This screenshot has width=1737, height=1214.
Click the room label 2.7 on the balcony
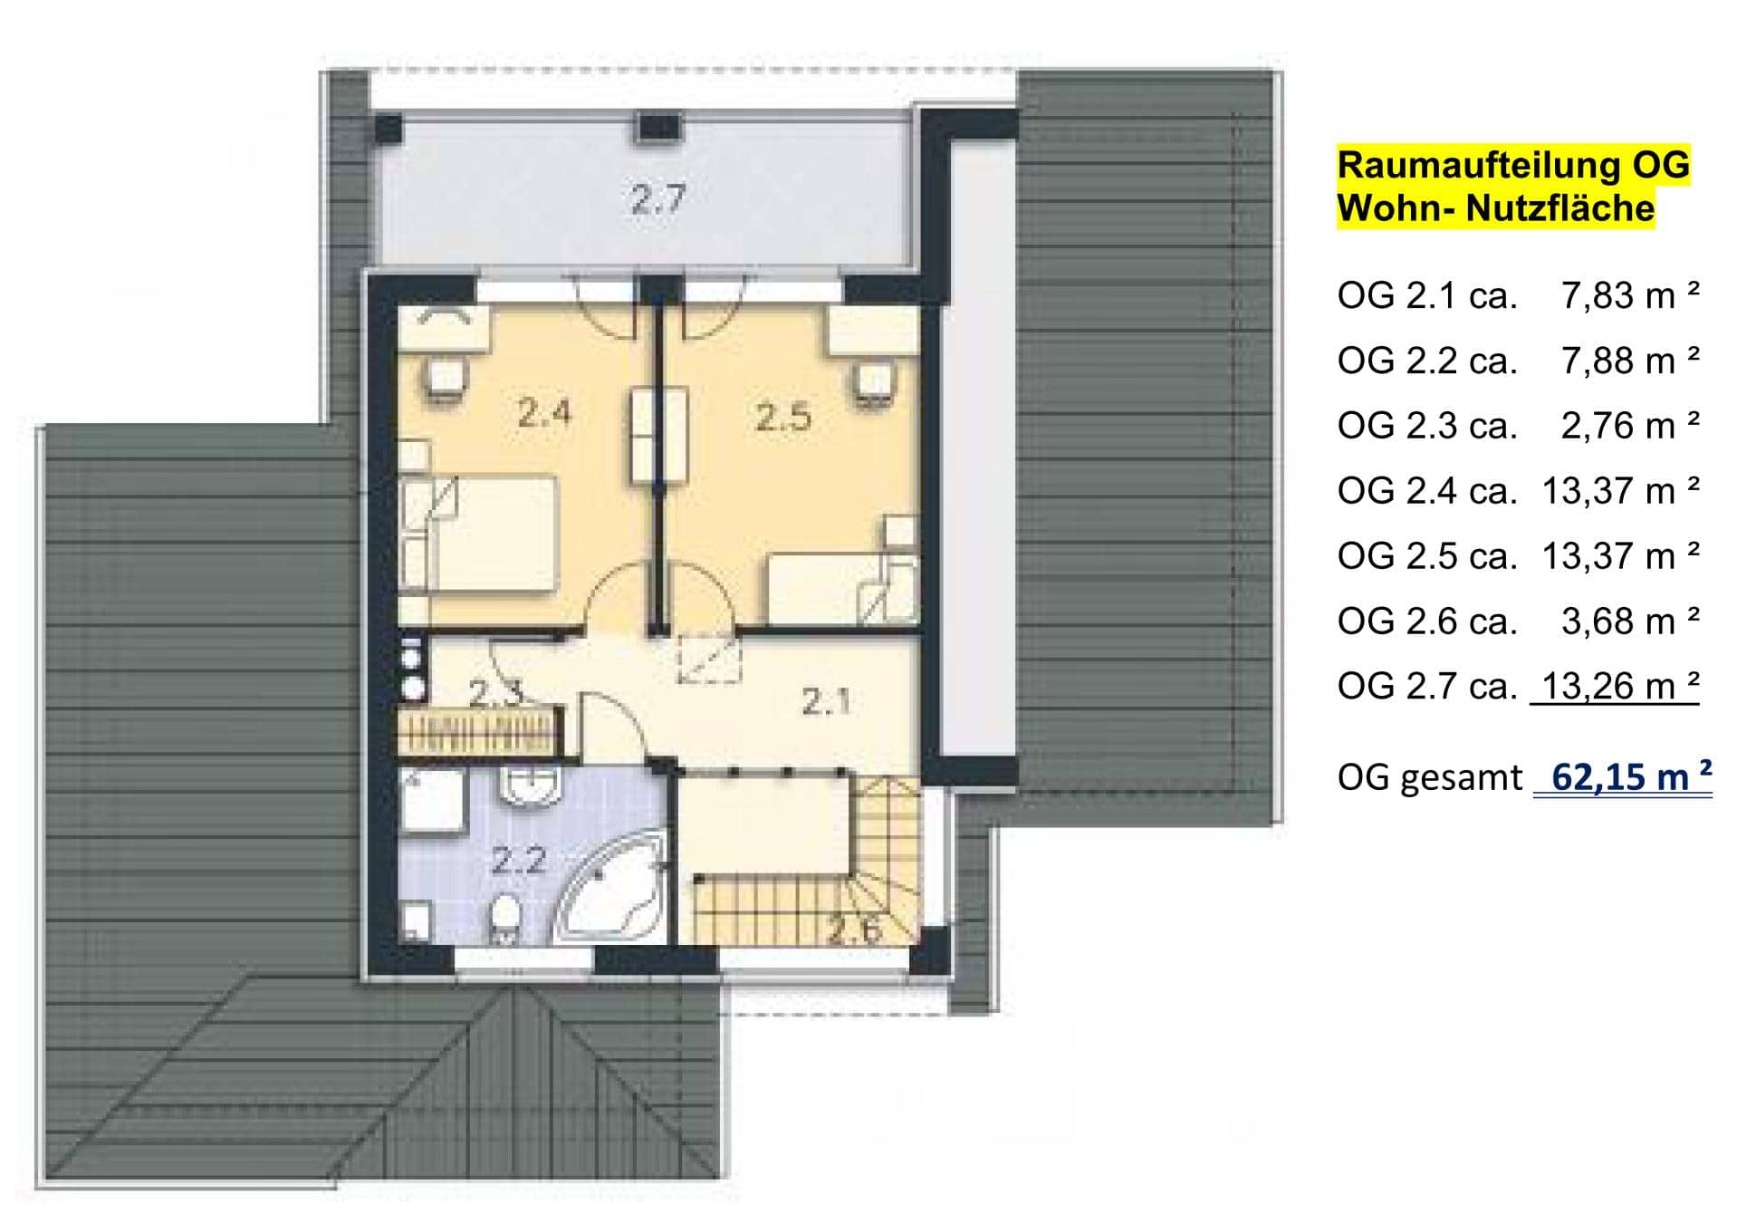click(658, 198)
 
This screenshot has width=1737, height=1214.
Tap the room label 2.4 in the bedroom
click(544, 413)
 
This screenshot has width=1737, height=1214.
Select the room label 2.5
click(783, 418)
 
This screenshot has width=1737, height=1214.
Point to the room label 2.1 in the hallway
click(826, 701)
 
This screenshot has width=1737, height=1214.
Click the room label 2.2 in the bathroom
click(519, 860)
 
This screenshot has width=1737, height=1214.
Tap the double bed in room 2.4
click(480, 535)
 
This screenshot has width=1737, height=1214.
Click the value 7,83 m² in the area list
click(1630, 295)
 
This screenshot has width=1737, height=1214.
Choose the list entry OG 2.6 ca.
click(1426, 621)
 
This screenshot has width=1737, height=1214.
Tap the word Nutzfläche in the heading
click(1560, 208)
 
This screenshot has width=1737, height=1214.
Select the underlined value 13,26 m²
click(1620, 686)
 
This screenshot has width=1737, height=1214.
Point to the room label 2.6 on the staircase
click(855, 930)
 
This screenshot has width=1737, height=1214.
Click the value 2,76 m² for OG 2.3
click(1630, 426)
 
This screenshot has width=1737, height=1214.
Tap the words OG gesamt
click(1430, 778)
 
